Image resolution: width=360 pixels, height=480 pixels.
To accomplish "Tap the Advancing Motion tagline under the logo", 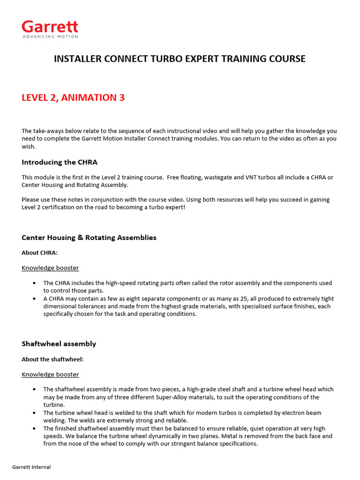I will [x=50, y=37].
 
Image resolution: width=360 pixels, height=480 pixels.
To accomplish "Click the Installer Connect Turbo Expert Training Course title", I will [x=180, y=59].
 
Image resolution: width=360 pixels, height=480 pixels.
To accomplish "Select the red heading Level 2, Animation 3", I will [x=73, y=97].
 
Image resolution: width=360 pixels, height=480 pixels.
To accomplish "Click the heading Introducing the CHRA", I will [x=60, y=162].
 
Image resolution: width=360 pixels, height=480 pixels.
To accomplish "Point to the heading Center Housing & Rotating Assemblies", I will [x=89, y=238].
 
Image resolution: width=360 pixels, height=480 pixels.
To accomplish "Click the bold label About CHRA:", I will [x=39, y=253].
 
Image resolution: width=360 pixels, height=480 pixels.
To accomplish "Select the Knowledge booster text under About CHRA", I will [x=50, y=268].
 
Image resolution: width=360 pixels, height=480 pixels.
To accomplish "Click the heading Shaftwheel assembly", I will [x=59, y=344].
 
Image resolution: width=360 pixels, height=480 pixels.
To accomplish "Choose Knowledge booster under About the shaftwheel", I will [x=50, y=375].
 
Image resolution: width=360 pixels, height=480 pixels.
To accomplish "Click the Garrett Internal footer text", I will [x=31, y=467].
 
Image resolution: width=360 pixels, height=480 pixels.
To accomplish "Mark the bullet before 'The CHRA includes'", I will [x=35, y=283].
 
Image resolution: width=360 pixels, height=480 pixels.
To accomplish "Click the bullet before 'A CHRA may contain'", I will [x=35, y=299].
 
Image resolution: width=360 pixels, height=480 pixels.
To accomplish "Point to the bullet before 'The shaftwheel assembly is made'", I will [x=35, y=390].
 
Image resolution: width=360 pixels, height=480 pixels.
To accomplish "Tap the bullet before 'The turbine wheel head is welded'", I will [x=35, y=413].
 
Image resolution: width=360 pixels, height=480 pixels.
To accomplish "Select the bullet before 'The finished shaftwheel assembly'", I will [x=35, y=428].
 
